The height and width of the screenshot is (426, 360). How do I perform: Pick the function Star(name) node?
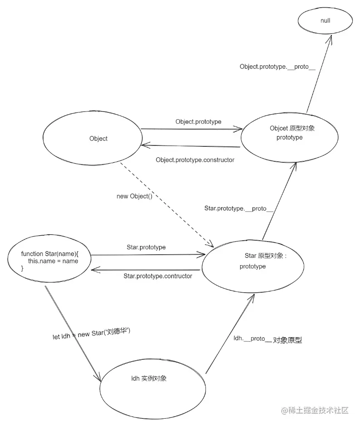point(49,261)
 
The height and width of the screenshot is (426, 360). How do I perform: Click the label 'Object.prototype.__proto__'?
point(277,67)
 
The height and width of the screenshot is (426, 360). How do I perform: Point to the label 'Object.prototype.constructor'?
point(195,160)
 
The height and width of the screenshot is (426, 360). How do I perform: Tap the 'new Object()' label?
point(134,196)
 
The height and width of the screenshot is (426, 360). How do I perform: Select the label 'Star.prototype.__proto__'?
point(238,208)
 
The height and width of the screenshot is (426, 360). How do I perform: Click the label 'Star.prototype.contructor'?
point(158,276)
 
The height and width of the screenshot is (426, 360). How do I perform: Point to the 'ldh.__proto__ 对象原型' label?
point(268,339)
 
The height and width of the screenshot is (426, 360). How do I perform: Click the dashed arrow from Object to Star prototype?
point(168,204)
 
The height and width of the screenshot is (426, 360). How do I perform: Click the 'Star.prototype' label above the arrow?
point(146,247)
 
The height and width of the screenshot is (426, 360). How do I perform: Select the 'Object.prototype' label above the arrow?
point(198,121)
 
